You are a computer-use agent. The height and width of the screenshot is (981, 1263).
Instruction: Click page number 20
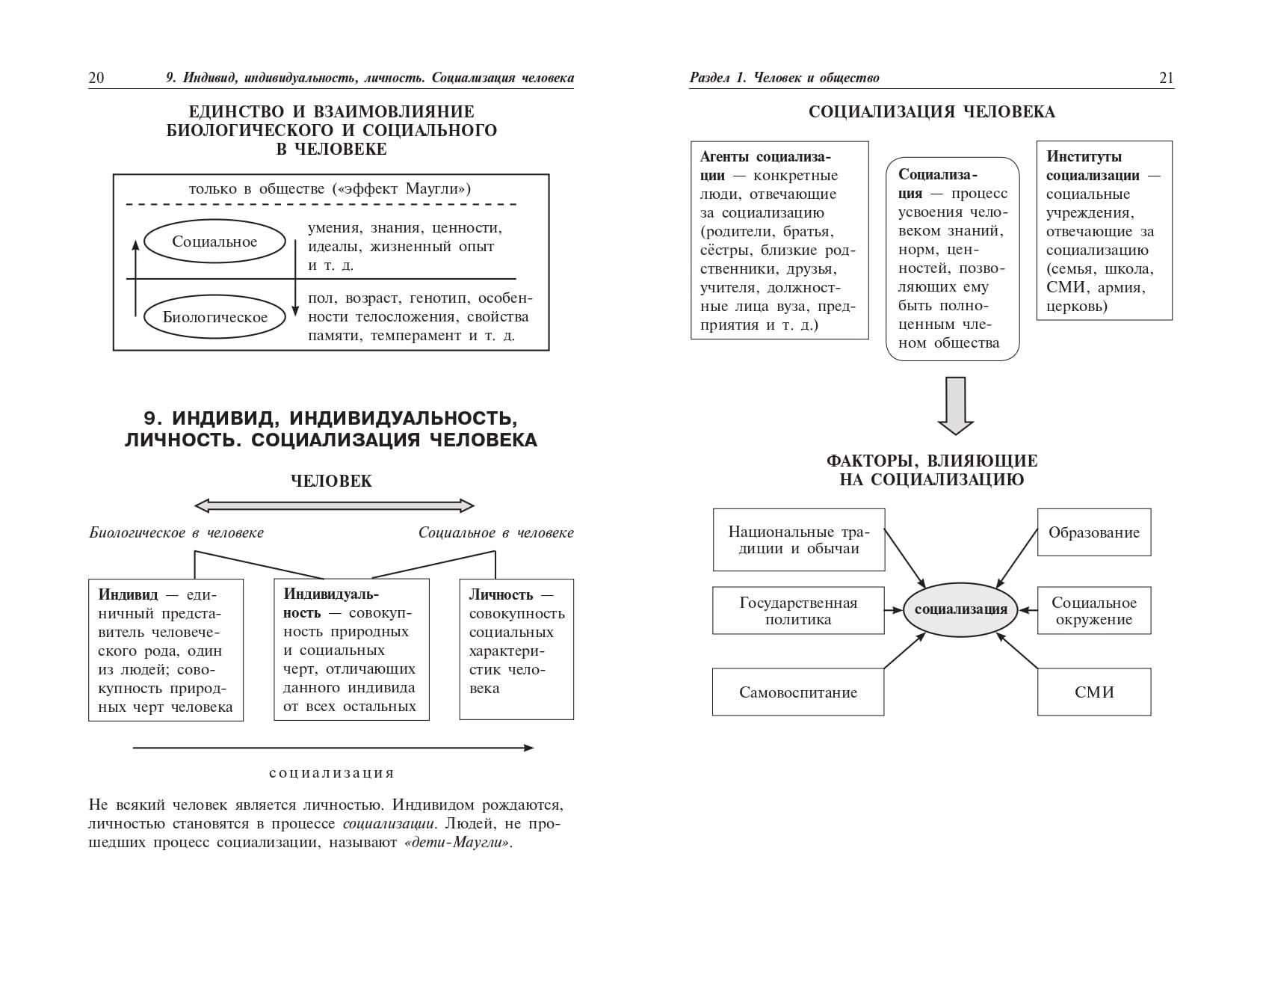(x=96, y=78)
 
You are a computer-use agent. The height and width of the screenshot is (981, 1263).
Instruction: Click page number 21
(x=1166, y=78)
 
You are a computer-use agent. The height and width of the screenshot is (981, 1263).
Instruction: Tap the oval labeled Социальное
(x=214, y=242)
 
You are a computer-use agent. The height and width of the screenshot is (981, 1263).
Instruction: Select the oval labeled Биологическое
(x=215, y=317)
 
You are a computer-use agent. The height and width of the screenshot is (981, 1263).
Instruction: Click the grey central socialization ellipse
(x=960, y=609)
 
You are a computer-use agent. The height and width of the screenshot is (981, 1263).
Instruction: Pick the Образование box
(x=1093, y=532)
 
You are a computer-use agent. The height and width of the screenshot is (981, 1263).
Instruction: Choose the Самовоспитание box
(x=797, y=692)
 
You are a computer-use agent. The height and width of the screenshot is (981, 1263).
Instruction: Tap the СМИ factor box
(x=1093, y=692)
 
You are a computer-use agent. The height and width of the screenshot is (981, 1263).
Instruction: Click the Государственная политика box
(x=798, y=611)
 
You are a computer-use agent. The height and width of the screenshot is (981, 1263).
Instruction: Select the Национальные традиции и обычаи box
(x=798, y=540)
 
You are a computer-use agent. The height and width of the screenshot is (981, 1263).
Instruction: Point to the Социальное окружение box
(x=1093, y=611)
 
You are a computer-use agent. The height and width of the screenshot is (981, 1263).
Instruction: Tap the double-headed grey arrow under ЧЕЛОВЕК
(x=334, y=506)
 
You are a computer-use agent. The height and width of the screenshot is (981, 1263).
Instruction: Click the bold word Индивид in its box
(x=129, y=595)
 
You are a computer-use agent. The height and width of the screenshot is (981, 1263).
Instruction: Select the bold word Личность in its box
(x=501, y=595)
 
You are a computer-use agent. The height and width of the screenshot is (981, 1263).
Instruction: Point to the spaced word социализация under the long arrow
(x=331, y=773)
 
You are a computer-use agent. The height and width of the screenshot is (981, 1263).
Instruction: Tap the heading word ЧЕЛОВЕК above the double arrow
(x=331, y=481)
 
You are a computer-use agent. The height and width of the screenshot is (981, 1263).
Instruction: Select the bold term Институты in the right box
(x=1084, y=157)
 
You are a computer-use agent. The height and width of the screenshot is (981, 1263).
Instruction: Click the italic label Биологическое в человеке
(x=176, y=532)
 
